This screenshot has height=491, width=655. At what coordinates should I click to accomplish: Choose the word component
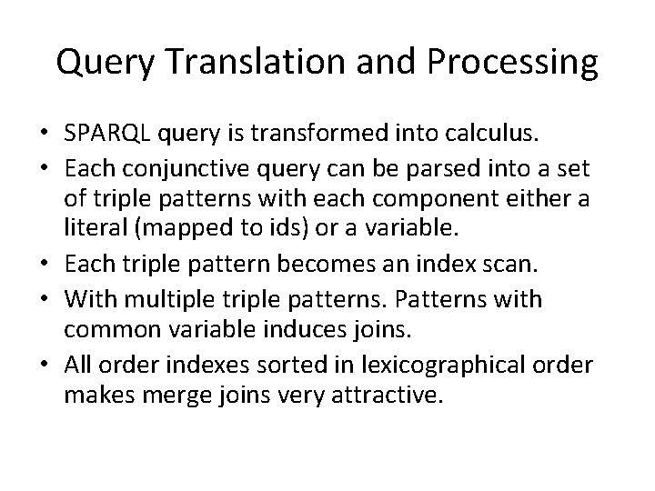[432, 197]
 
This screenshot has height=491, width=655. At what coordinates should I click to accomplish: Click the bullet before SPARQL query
[43, 136]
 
